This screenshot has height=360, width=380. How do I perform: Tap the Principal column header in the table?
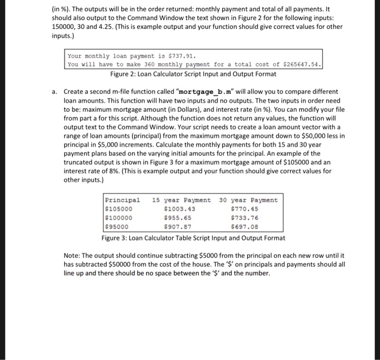(x=122, y=200)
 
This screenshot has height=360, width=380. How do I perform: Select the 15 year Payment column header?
(x=182, y=200)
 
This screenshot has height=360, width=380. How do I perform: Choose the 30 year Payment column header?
(x=248, y=200)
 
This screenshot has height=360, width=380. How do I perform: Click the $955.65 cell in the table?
(x=178, y=218)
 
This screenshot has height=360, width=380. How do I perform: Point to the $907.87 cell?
(x=178, y=227)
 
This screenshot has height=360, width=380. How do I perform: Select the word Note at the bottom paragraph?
(x=72, y=255)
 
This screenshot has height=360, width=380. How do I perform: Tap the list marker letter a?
(x=55, y=92)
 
